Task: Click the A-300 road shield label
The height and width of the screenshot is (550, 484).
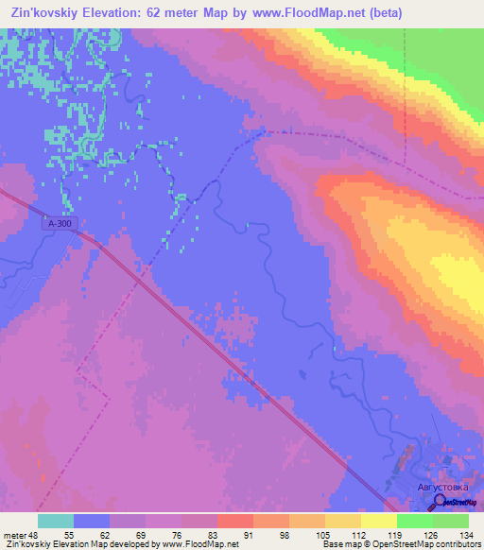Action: pos(59,224)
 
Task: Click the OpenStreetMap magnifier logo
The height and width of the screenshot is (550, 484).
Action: pos(441,503)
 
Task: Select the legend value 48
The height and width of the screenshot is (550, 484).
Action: pos(38,534)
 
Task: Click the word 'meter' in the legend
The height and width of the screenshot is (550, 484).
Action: pos(16,534)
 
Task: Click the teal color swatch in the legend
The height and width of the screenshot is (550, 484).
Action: pos(56,521)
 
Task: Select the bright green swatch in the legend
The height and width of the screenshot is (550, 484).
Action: pos(414,521)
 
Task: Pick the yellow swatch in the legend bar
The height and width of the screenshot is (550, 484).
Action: pos(378,521)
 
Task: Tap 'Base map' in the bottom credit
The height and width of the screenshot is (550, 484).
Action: pos(339,545)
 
